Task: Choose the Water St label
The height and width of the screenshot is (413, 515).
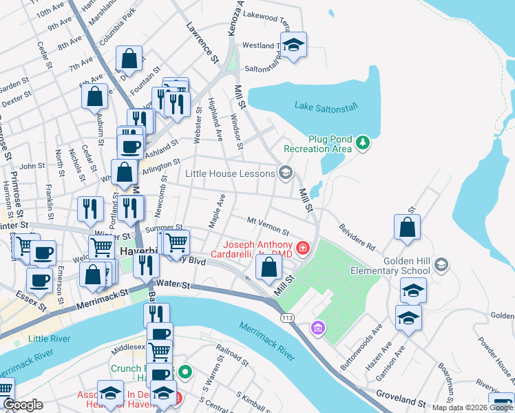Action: (173, 282)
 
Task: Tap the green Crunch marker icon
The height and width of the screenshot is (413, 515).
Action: (185, 374)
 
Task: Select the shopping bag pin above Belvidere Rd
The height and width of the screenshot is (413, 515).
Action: (407, 228)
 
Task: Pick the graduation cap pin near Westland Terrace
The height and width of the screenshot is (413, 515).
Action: (295, 45)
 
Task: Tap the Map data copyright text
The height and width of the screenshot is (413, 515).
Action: (472, 407)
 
